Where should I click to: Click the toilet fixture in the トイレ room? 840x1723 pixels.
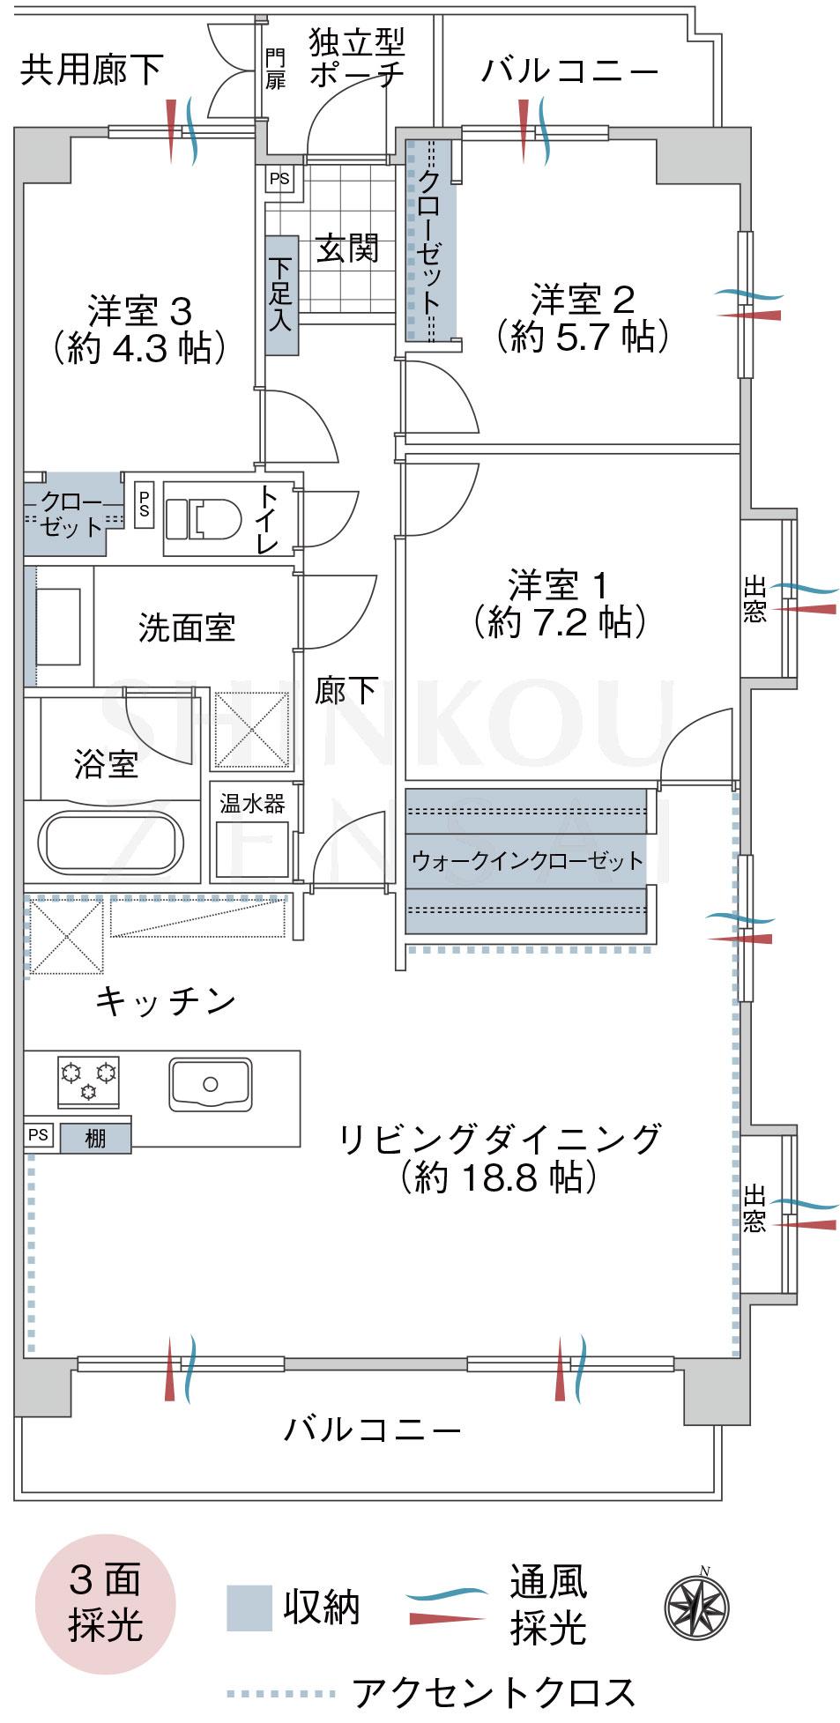point(204,517)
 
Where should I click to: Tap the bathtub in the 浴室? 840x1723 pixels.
point(109,842)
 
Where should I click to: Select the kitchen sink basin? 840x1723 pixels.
point(210,1084)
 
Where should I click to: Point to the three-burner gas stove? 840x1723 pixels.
point(88,1079)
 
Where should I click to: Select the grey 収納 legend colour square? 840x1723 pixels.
point(249,1608)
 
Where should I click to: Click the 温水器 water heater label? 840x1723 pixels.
point(252,804)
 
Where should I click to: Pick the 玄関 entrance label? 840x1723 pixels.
point(347,249)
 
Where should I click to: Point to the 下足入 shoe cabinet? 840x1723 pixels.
point(281,294)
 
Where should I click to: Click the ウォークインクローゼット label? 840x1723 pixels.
point(527,860)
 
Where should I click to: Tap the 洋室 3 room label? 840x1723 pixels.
point(139,311)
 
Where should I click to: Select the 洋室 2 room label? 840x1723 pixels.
point(582,300)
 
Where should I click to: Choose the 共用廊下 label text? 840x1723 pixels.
point(91,69)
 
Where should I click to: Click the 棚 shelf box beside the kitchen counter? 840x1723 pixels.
point(95,1139)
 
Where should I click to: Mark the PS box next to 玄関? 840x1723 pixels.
point(279,179)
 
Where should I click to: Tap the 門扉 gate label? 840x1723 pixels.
point(276,69)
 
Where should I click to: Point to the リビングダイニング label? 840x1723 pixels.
point(500,1139)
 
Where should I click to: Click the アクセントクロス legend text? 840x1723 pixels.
point(494,1693)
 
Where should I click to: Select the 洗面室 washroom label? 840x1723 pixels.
point(187,628)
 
